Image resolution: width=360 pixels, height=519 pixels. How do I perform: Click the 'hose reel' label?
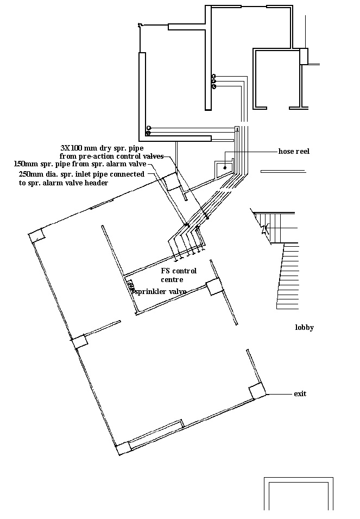pyautogui.click(x=294, y=152)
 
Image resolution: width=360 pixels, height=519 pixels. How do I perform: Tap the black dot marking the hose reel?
pyautogui.click(x=225, y=167)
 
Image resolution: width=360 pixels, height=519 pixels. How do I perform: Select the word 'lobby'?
pyautogui.click(x=304, y=328)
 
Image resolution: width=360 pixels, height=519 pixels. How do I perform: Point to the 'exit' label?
pyautogui.click(x=300, y=393)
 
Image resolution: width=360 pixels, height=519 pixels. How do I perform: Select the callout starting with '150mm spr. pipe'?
pyautogui.click(x=79, y=164)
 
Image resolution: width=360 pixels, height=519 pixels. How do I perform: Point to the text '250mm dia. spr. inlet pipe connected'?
pyautogui.click(x=81, y=174)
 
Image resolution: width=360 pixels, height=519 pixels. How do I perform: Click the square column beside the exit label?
pyautogui.click(x=256, y=391)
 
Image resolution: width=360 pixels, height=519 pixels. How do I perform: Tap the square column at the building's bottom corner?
pyautogui.click(x=124, y=448)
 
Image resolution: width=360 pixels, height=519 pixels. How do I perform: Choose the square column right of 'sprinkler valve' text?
pyautogui.click(x=214, y=286)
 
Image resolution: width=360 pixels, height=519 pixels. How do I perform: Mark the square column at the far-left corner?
pyautogui.click(x=36, y=236)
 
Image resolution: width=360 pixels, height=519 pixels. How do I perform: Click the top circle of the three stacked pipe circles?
pyautogui.click(x=214, y=76)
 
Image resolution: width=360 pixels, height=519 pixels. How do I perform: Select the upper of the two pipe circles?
pyautogui.click(x=148, y=128)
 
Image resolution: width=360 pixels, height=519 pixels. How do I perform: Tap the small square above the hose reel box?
pyautogui.click(x=237, y=129)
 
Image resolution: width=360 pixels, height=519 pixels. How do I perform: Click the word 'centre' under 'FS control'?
pyautogui.click(x=172, y=280)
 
